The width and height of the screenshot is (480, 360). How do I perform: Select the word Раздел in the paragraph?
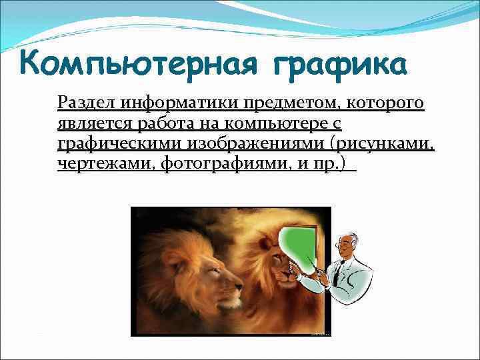[x=81, y=103]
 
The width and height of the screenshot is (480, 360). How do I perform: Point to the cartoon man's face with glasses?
[x=348, y=246]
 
